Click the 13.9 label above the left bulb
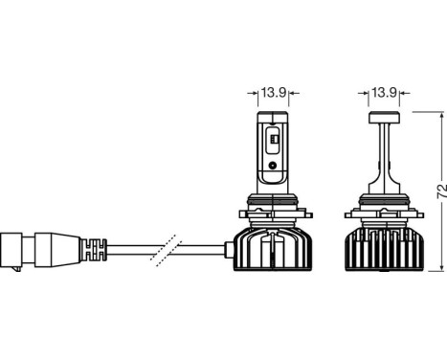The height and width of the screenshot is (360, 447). tap(273, 92)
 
